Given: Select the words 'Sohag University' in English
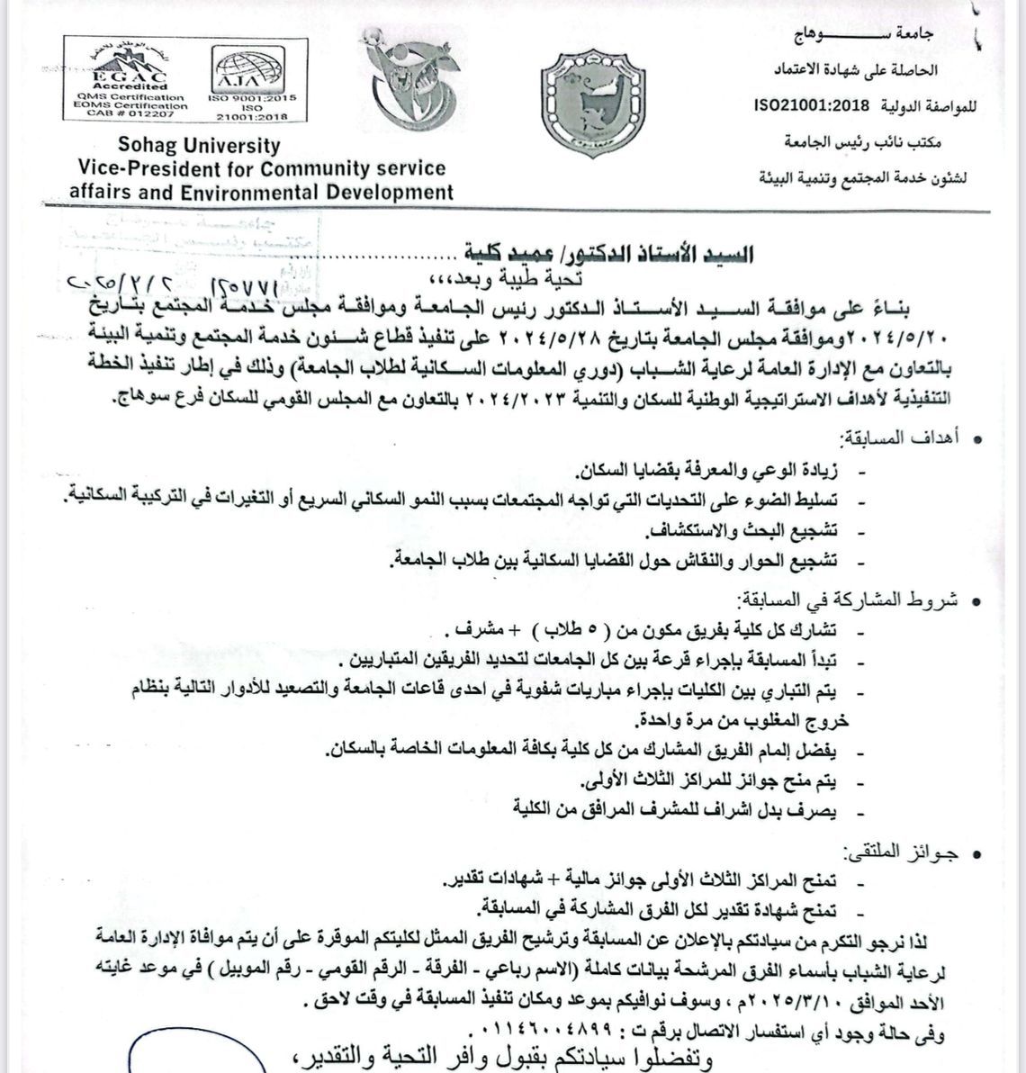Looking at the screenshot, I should pyautogui.click(x=199, y=146).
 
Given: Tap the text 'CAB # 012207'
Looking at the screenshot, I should pyautogui.click(x=130, y=114).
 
